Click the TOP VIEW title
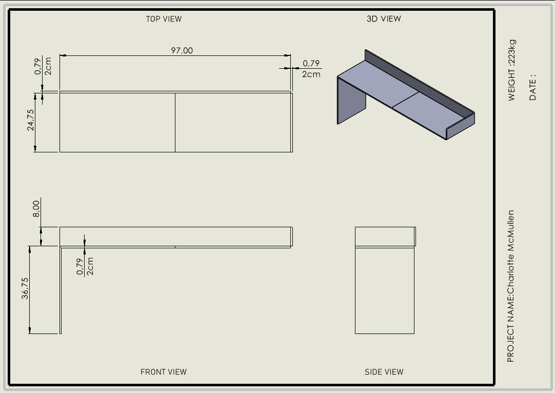(x=164, y=19)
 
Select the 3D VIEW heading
(x=384, y=19)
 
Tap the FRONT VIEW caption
(x=164, y=372)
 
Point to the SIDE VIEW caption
(x=384, y=372)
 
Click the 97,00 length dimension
(x=182, y=50)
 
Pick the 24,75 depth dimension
(x=31, y=120)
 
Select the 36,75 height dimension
(x=25, y=288)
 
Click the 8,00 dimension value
(x=36, y=209)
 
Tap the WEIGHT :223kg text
(x=512, y=70)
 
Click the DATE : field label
(x=533, y=87)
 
